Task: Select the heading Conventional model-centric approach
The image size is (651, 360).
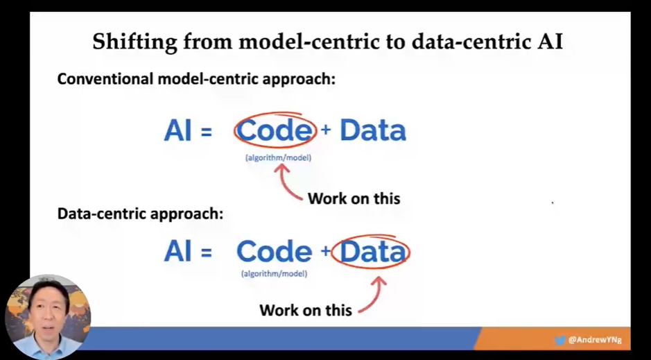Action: (196, 79)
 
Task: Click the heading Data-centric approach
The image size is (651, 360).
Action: (140, 214)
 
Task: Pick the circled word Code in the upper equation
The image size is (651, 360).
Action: (274, 130)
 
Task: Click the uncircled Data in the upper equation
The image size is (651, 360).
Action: (373, 130)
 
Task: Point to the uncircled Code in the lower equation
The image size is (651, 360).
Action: (274, 252)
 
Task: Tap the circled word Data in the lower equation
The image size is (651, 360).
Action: (372, 252)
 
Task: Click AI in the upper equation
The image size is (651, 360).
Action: (178, 130)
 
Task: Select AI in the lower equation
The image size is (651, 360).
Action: (178, 252)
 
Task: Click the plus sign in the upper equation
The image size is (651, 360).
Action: (326, 130)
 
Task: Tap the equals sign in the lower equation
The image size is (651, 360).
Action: (207, 252)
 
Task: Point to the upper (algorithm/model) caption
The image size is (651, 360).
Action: (278, 157)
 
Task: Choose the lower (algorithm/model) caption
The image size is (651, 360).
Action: (274, 273)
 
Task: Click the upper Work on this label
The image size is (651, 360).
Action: (354, 198)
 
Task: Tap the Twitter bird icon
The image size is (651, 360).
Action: (559, 340)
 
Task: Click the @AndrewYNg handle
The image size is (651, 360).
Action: (595, 340)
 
